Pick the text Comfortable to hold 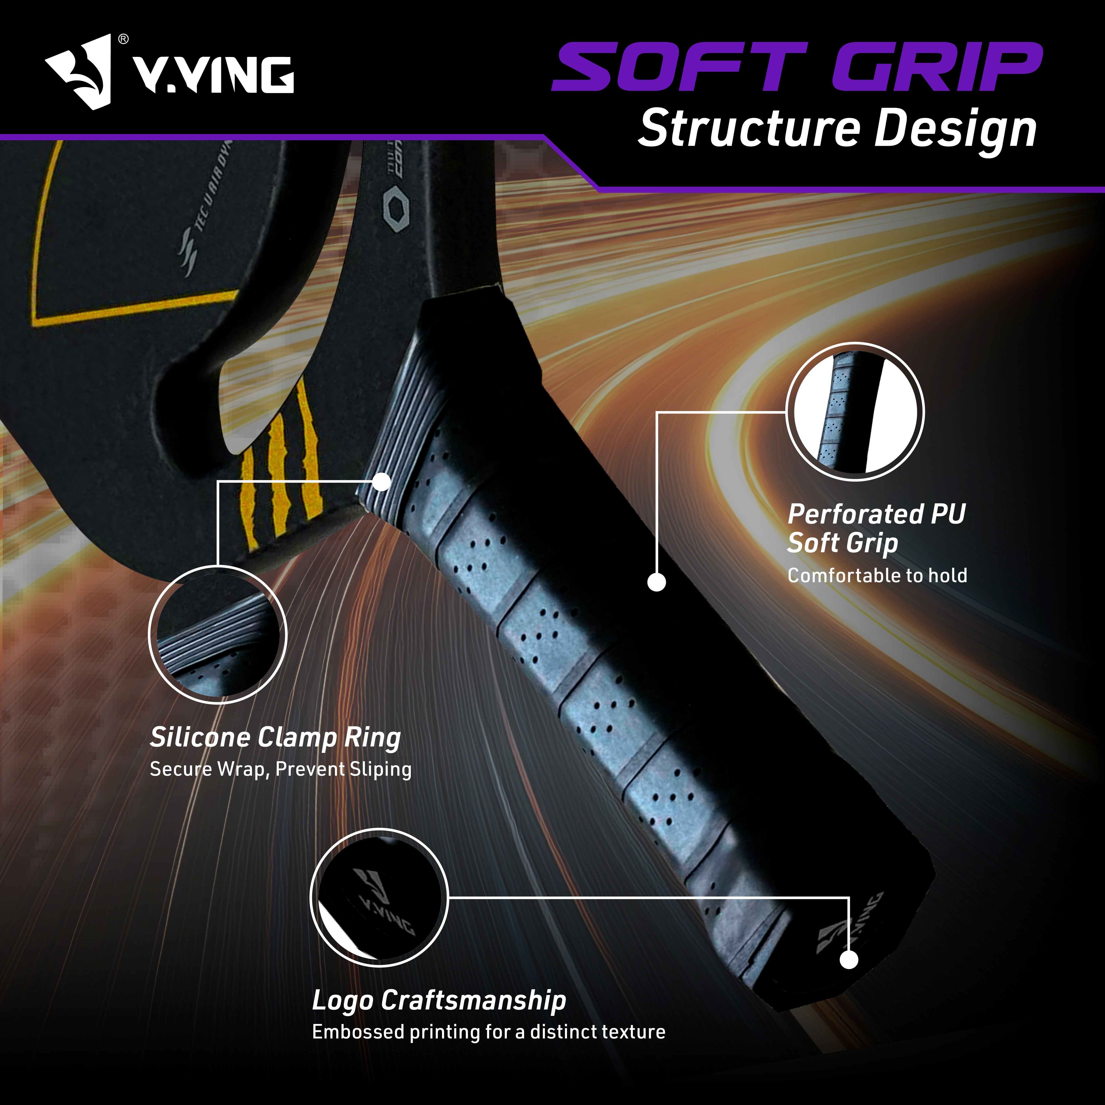[x=877, y=575]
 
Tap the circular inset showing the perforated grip [x=855, y=412]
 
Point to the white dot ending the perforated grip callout [x=657, y=582]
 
